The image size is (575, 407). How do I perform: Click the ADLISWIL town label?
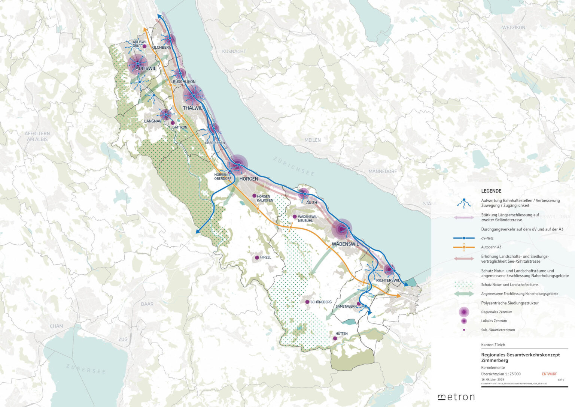(146, 69)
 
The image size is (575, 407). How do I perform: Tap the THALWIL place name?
(192, 108)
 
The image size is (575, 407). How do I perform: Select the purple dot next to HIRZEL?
(257, 257)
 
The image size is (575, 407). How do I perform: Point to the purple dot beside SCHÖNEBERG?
(307, 302)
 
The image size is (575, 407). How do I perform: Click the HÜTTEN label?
(341, 334)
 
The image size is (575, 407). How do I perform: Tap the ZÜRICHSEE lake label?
(293, 166)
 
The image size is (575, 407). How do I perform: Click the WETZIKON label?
(514, 28)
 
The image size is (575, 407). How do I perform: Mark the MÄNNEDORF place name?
(383, 171)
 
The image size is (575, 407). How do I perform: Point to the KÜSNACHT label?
(234, 51)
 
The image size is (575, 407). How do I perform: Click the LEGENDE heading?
(491, 191)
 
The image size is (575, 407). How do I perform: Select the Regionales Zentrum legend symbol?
(464, 312)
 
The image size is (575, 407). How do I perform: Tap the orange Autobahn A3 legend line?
(464, 247)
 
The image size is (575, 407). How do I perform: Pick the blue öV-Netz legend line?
(464, 238)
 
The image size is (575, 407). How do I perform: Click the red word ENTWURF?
(549, 374)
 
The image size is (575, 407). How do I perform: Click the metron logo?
(456, 397)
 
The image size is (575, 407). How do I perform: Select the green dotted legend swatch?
(464, 284)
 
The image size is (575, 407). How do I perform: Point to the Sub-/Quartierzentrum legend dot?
(464, 330)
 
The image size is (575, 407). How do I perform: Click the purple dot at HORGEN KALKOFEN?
(254, 196)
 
